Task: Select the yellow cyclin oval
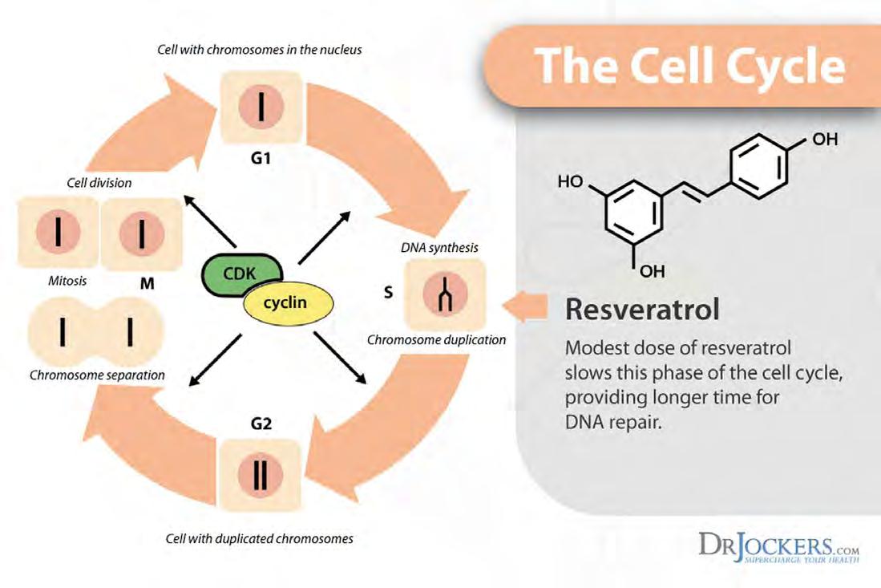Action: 289,303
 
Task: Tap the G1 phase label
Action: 261,159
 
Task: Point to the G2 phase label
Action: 261,424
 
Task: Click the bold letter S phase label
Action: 388,292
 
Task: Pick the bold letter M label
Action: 148,283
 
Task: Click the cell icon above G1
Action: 261,107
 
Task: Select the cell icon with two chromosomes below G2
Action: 260,476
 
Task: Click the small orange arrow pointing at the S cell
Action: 525,307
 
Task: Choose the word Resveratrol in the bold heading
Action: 642,309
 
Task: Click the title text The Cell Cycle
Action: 690,66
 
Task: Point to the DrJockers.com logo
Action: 778,546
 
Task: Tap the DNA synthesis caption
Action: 439,247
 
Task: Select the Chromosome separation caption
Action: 97,375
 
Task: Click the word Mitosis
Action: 67,281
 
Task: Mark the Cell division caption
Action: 99,183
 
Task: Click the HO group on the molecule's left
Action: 570,181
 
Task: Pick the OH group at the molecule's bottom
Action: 653,271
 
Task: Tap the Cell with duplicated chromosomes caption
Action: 260,538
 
